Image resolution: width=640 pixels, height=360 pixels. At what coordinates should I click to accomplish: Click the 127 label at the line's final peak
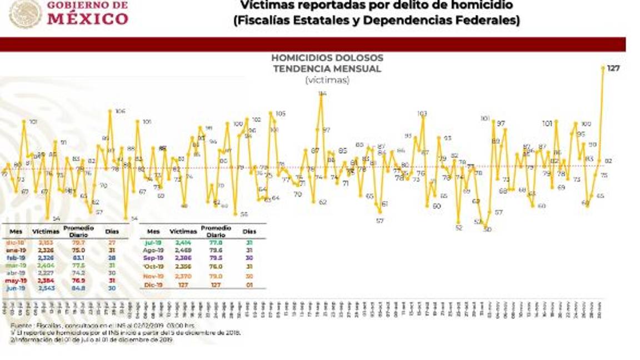coord(613,68)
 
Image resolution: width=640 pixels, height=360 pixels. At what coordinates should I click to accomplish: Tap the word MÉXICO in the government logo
coord(88,19)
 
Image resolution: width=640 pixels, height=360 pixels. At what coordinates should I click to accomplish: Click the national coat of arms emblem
coord(24,13)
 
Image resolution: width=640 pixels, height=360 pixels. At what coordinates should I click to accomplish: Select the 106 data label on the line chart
coord(120,111)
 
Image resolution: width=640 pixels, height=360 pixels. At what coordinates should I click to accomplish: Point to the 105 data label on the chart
coord(281,113)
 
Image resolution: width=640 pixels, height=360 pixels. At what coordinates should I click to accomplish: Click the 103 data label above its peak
coord(422,113)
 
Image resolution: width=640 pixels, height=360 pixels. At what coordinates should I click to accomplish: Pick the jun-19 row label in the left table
coord(16,289)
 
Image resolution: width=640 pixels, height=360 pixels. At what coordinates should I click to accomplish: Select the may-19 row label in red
coord(16,281)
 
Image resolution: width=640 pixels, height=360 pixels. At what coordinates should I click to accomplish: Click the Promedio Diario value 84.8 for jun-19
coord(78,289)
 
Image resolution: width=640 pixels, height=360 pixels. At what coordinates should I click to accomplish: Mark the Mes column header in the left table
coord(15,230)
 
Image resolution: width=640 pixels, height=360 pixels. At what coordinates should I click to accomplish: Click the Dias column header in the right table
coord(249,231)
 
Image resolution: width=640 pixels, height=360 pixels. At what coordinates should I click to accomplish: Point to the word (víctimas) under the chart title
coord(327,80)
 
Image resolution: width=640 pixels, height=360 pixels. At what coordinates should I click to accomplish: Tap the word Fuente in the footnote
coord(21,323)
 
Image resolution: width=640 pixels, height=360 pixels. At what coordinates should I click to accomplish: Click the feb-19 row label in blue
coord(16,258)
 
